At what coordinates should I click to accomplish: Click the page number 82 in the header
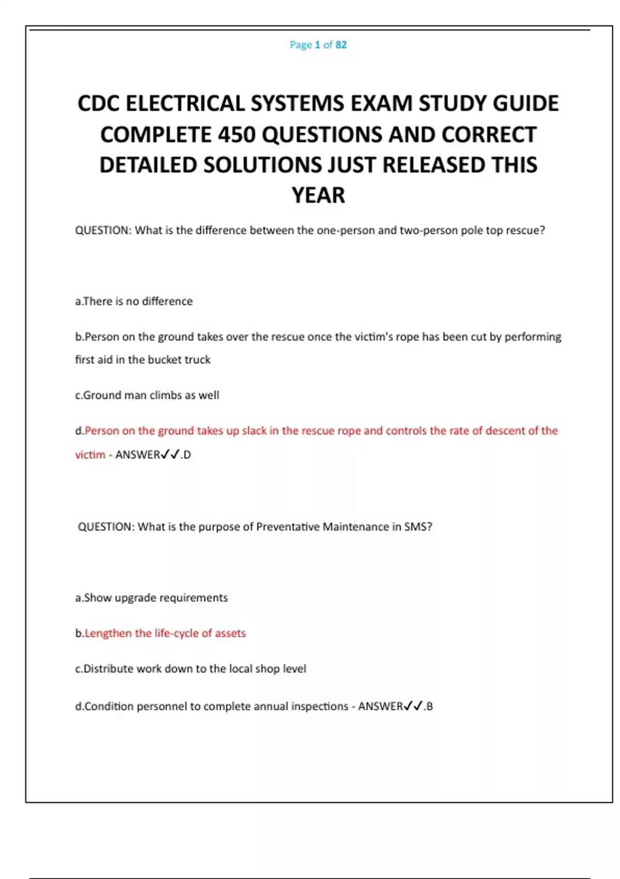[x=341, y=45]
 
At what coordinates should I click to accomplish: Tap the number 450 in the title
[x=237, y=135]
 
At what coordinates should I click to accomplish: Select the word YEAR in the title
[x=318, y=195]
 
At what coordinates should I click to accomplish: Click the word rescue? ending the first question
[x=525, y=231]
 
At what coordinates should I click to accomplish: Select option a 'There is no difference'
[x=134, y=301]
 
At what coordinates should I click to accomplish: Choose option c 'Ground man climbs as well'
[x=147, y=396]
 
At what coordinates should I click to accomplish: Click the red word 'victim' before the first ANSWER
[x=90, y=455]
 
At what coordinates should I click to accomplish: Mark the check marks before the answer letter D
[x=170, y=455]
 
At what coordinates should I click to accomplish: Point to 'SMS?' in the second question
[x=419, y=527]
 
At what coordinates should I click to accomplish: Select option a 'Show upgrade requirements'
[x=151, y=598]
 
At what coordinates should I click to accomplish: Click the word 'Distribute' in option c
[x=109, y=669]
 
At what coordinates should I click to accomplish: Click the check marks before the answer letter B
[x=413, y=706]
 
